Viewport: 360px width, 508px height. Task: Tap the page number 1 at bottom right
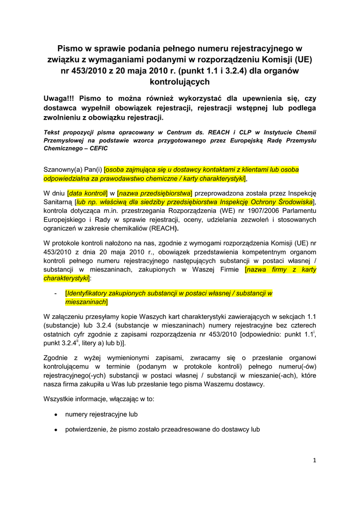coord(314,460)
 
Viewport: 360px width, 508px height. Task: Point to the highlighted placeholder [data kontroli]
coord(88,192)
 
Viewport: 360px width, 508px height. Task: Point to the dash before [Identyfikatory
coord(56,293)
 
